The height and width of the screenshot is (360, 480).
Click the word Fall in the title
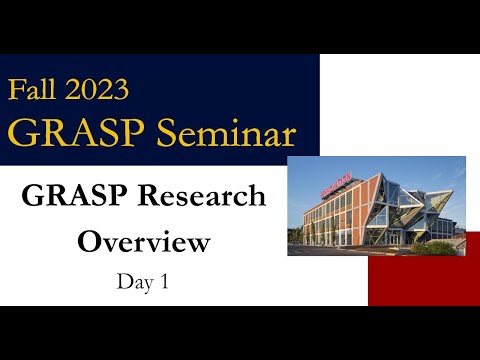(x=35, y=90)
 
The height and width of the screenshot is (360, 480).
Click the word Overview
(x=144, y=242)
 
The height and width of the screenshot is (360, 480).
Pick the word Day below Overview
(x=132, y=282)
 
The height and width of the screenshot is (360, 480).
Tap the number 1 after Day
(x=162, y=282)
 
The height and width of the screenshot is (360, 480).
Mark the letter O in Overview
(x=90, y=242)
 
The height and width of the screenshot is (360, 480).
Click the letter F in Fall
(x=17, y=90)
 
